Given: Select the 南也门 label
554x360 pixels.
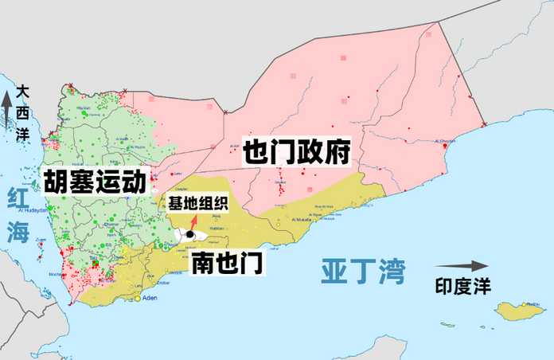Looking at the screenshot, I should coord(228,263).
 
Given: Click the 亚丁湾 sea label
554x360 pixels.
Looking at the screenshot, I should coord(363,271).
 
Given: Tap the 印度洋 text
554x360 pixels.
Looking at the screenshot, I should coord(463,284).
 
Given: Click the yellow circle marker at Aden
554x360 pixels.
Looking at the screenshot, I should coord(138,299).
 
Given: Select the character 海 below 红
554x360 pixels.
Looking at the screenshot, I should coord(17,232).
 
